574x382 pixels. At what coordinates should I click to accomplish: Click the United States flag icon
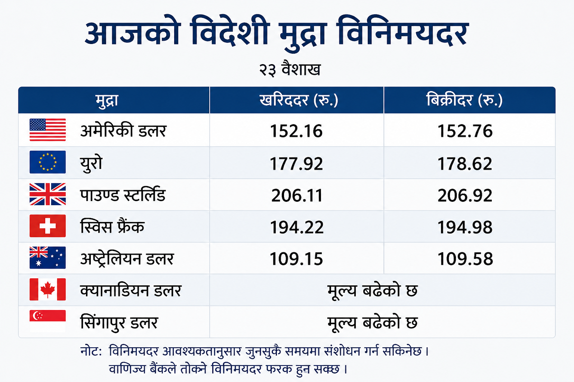click(48, 130)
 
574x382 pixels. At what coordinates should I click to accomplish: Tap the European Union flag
click(48, 162)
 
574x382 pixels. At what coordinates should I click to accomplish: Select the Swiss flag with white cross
click(48, 226)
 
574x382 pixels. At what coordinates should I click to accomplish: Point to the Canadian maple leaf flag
click(48, 289)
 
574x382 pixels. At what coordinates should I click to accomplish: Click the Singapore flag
click(48, 321)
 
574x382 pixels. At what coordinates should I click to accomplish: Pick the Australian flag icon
click(48, 258)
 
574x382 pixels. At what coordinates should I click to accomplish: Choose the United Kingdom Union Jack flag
click(48, 194)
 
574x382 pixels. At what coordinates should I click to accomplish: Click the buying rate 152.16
click(296, 131)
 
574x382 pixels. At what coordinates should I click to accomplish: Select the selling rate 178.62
click(465, 164)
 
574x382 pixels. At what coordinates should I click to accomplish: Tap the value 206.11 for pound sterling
click(297, 196)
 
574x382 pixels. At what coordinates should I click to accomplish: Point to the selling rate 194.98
click(465, 227)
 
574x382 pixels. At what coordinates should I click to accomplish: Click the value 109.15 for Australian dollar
click(296, 259)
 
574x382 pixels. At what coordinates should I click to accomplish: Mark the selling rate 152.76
click(465, 131)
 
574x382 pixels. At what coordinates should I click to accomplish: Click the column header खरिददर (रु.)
click(299, 100)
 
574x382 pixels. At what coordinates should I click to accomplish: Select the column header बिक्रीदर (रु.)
click(465, 100)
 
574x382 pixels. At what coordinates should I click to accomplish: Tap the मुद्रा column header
click(107, 101)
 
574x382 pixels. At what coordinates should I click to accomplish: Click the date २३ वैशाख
click(290, 69)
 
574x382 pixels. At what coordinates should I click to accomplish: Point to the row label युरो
click(91, 164)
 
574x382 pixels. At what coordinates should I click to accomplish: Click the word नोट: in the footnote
click(91, 351)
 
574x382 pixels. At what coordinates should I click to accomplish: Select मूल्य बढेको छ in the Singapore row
click(373, 322)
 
